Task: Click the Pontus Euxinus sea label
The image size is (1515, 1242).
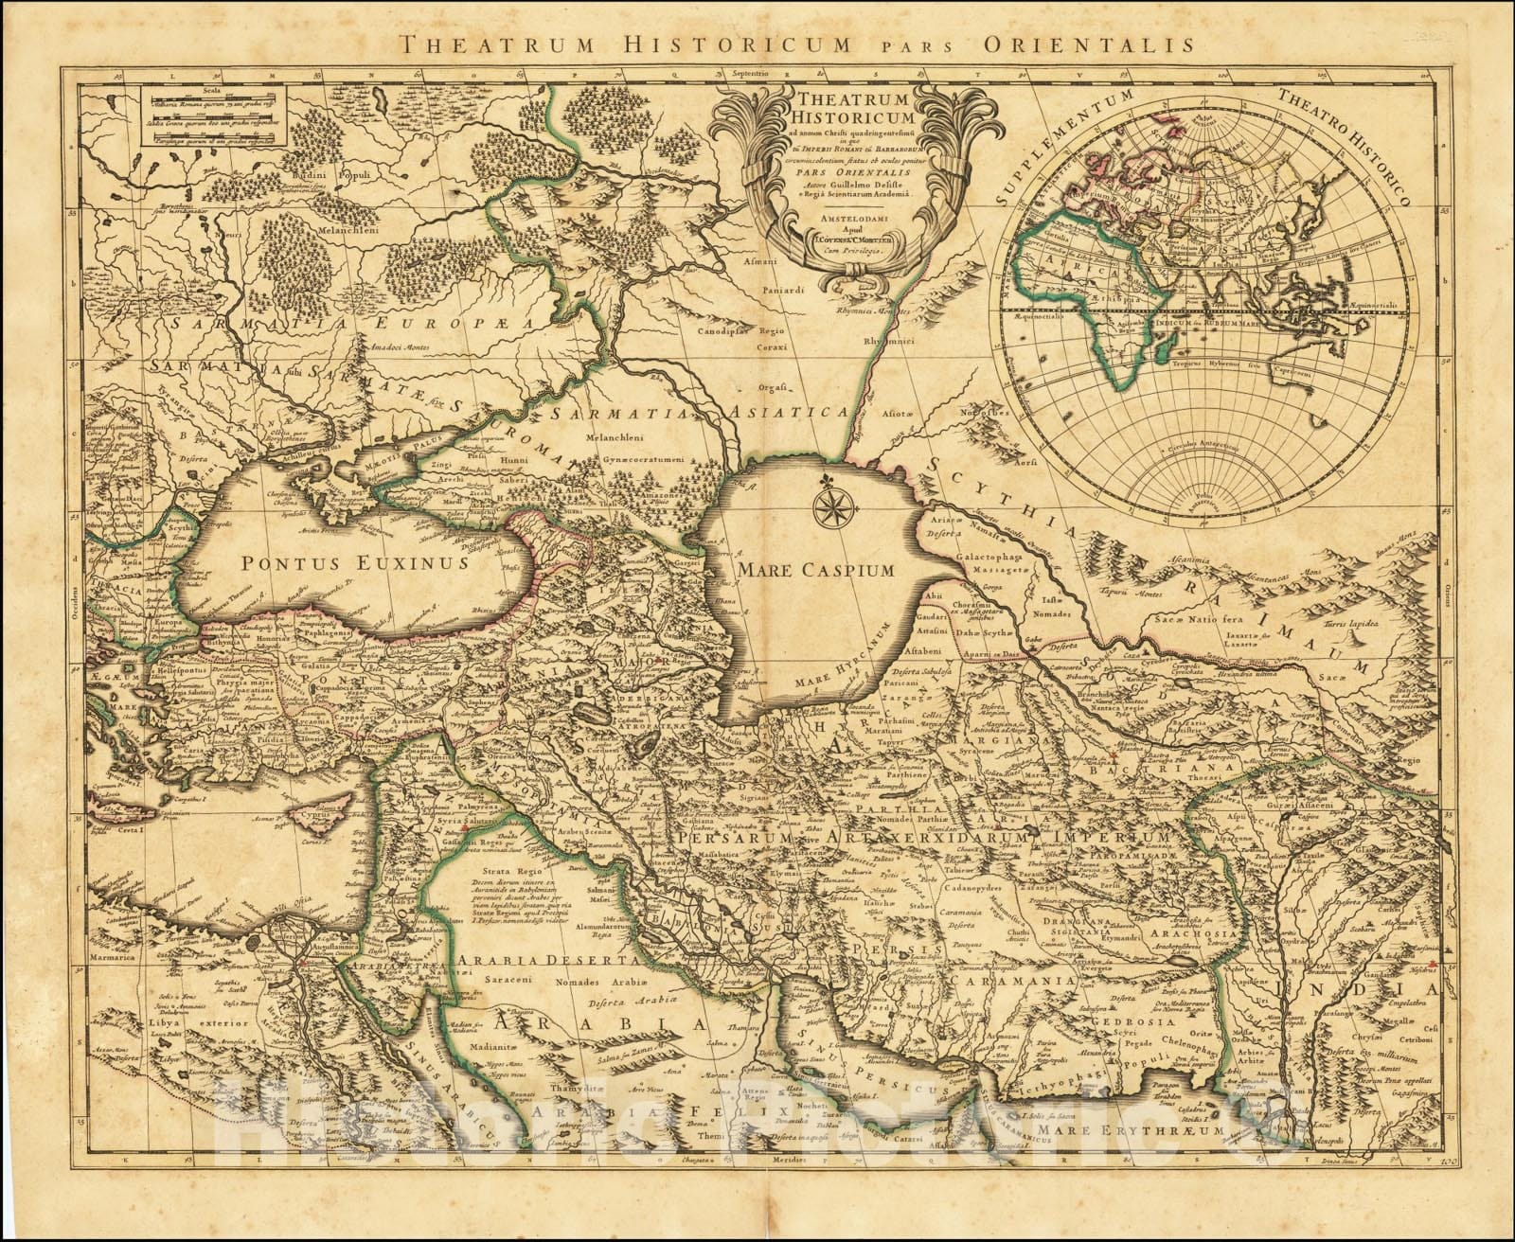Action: [x=355, y=563]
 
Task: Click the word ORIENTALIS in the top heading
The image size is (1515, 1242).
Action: [x=1068, y=43]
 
